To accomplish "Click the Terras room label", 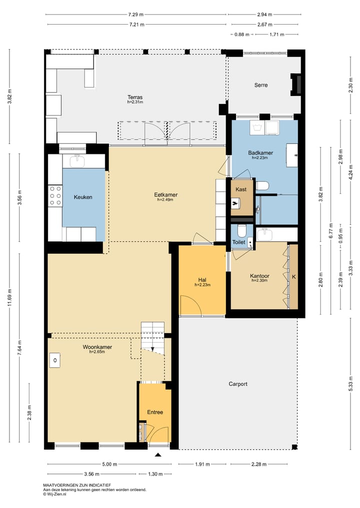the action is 135,97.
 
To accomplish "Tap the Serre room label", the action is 261,85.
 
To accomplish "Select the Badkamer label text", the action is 260,153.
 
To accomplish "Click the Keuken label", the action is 83,197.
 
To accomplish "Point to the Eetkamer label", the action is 165,195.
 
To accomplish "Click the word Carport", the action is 238,384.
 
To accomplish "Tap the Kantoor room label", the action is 259,276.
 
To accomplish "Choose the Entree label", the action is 155,412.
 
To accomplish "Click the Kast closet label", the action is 241,189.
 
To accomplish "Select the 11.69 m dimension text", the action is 9,297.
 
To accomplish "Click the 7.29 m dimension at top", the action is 135,14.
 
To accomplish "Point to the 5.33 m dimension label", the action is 350,384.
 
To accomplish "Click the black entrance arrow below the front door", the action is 158,455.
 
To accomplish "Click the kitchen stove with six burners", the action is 55,196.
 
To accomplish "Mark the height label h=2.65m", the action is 97,352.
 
